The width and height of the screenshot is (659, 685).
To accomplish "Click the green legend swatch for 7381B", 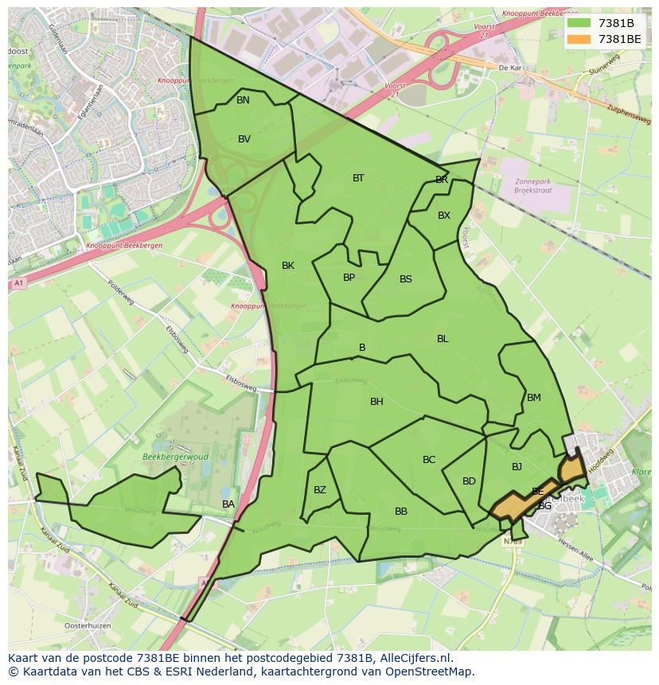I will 579,23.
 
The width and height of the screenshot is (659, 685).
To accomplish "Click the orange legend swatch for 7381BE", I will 579,39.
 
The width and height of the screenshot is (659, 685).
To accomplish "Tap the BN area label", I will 243,100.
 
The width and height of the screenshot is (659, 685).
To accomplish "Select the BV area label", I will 244,139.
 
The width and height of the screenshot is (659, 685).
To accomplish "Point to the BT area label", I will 358,178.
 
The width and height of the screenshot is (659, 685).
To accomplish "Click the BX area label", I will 444,216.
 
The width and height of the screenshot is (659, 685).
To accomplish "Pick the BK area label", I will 288,266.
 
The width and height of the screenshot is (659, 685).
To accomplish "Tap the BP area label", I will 349,278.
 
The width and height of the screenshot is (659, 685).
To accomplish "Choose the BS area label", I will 406,279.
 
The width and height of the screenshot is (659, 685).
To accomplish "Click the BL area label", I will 443,339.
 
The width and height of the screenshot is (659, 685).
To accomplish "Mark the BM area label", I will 534,398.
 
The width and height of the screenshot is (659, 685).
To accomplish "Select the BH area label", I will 376,402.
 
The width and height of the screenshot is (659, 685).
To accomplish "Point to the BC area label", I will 429,460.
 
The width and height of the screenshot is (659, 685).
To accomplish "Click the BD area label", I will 469,481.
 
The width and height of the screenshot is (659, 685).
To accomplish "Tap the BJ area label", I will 517,467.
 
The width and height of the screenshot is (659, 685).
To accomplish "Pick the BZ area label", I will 319,490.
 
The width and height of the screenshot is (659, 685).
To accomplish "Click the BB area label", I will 401,512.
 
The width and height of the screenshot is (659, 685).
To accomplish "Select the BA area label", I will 228,504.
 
